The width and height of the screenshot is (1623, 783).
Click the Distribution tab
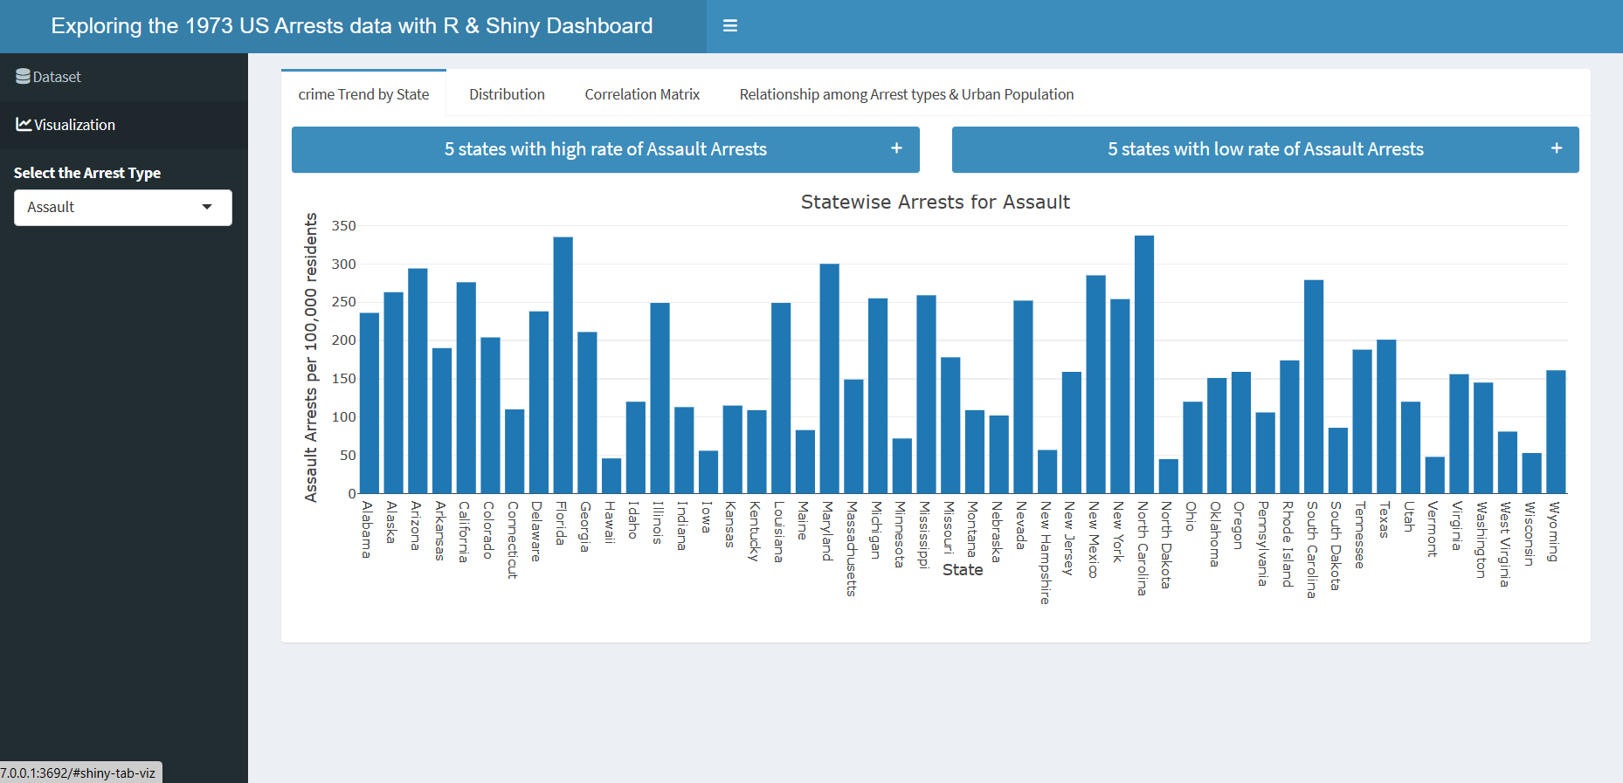507,94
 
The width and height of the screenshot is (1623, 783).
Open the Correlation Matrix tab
642,94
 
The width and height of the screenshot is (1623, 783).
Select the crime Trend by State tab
363,94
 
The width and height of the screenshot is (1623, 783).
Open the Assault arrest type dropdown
122,208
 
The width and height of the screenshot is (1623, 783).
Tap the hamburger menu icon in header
730,26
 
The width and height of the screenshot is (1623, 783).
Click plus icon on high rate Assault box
896,148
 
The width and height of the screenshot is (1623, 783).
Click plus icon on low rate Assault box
1556,148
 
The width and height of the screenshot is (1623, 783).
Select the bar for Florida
563,367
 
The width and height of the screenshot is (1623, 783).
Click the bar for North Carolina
1143,367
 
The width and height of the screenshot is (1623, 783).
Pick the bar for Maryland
829,380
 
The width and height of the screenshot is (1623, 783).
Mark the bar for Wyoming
1555,432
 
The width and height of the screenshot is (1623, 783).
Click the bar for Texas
1385,417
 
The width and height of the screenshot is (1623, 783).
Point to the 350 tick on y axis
344,226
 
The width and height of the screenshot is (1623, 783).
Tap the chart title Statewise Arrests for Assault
935,203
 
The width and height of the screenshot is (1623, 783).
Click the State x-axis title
963,570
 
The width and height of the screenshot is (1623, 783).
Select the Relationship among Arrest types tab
906,94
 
